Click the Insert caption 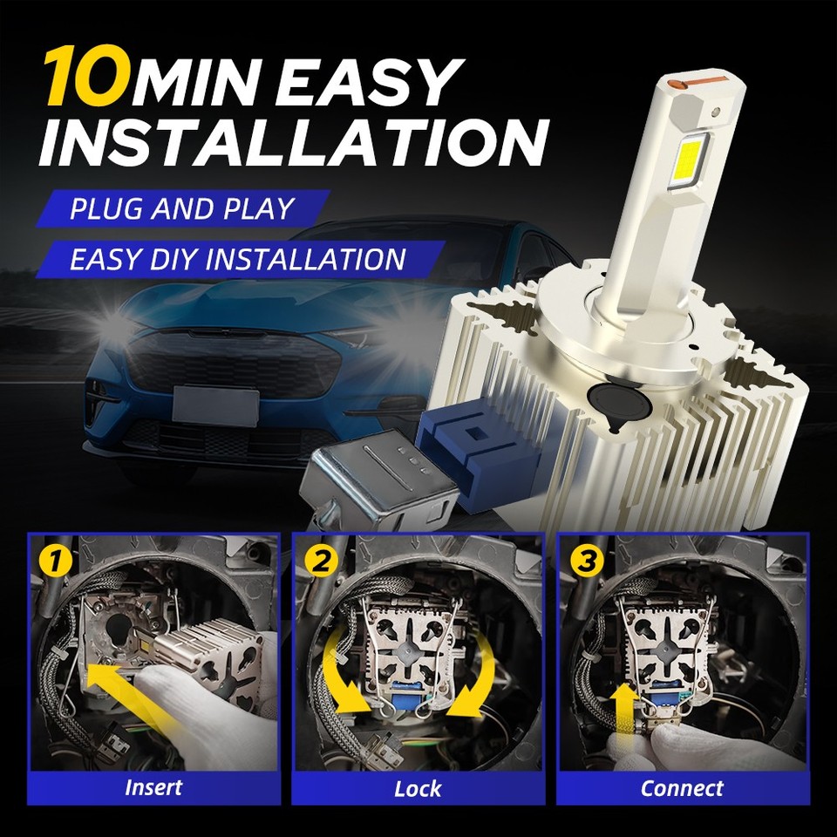153,787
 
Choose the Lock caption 418,789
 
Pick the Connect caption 682,788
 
